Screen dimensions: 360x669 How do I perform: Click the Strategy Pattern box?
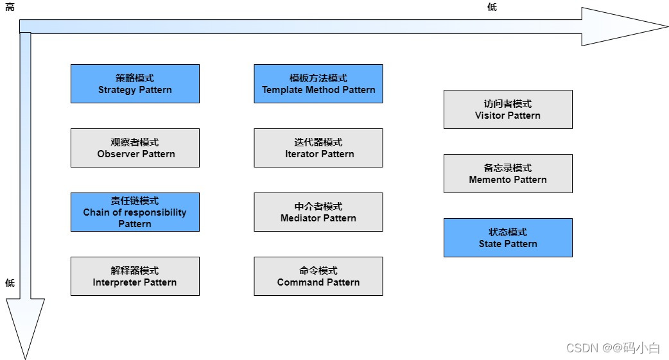coord(135,83)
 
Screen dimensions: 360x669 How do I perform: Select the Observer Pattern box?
coord(135,148)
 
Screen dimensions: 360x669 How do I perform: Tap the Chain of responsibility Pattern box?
coord(135,212)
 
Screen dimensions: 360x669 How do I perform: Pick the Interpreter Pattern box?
coord(135,276)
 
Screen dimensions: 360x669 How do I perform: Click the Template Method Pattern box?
coord(318,83)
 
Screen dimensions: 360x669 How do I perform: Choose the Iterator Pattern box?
coord(318,148)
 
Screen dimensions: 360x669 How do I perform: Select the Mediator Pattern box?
coord(318,212)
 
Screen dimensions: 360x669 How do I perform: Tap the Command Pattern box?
coord(318,276)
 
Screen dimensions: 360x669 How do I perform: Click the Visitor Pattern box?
coord(507,109)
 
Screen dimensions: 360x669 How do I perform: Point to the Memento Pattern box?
coord(507,173)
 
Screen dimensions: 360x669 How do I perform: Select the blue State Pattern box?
coord(507,237)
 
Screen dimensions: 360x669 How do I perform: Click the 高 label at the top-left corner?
coord(10,8)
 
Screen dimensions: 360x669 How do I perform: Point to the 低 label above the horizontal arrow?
coord(492,8)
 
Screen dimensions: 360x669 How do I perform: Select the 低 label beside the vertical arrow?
coord(10,282)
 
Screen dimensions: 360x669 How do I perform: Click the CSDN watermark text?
coord(613,348)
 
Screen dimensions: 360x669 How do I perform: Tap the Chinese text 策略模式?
coord(135,78)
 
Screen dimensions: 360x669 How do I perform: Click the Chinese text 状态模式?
coord(507,232)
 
